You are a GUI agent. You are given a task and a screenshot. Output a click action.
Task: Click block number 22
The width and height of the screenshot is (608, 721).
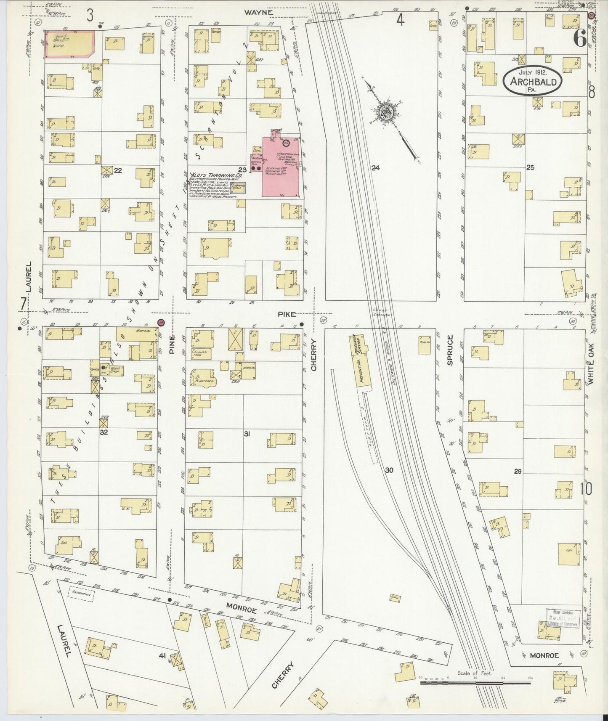(118, 170)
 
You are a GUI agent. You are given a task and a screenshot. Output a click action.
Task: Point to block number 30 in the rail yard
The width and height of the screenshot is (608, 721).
(389, 470)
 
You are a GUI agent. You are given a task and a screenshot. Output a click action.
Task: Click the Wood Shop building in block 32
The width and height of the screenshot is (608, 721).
(114, 370)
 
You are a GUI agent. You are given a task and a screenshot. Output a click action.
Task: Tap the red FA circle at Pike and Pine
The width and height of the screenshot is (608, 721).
(161, 323)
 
